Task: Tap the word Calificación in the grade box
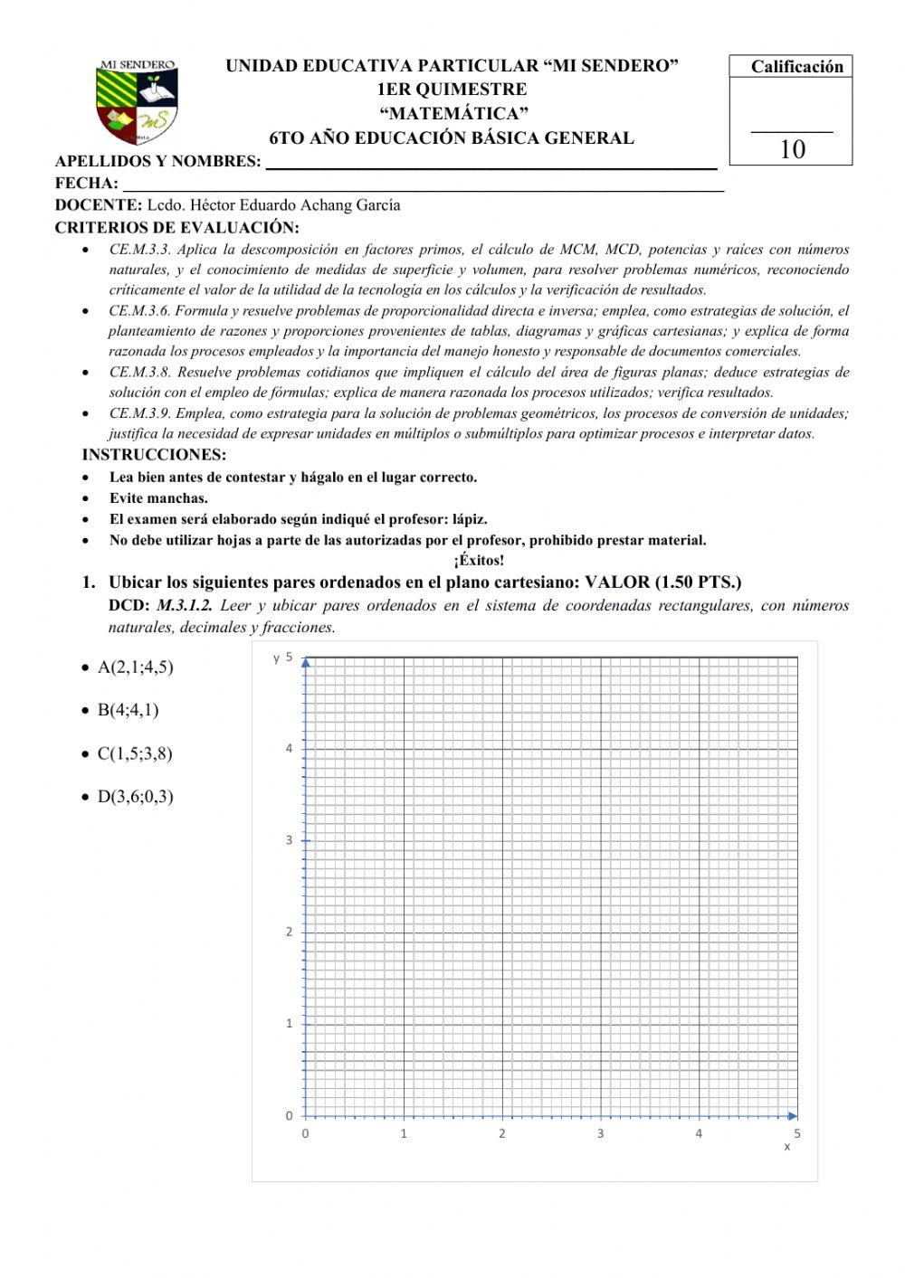pyautogui.click(x=796, y=67)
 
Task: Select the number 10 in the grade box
pyautogui.click(x=792, y=150)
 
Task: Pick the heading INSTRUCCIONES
pyautogui.click(x=154, y=455)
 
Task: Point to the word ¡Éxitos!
pyautogui.click(x=479, y=561)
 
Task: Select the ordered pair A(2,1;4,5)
pyautogui.click(x=135, y=667)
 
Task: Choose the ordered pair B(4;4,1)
pyautogui.click(x=129, y=710)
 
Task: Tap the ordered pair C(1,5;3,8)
pyautogui.click(x=135, y=753)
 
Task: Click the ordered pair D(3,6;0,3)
pyautogui.click(x=135, y=797)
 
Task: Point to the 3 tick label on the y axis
pyautogui.click(x=290, y=840)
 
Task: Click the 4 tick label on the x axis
pyautogui.click(x=699, y=1133)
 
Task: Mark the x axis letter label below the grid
pyautogui.click(x=786, y=1147)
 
